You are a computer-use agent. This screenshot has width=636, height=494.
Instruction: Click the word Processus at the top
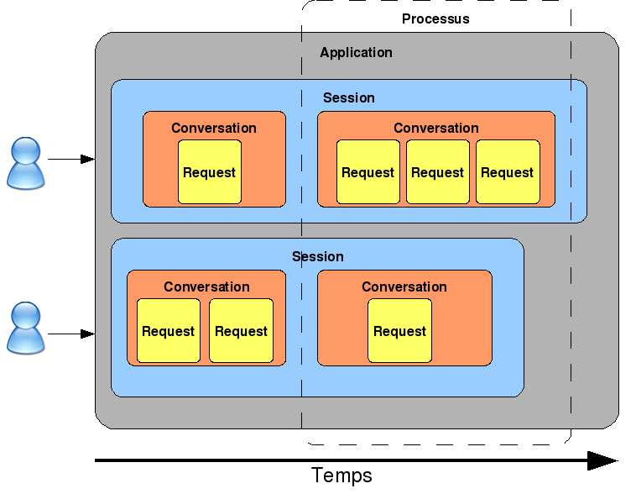[x=435, y=18]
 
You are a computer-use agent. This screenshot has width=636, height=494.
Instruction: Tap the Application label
[x=356, y=52]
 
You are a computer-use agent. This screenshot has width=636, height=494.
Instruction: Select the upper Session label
[x=348, y=97]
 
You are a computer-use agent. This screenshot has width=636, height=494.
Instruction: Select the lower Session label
[x=317, y=256]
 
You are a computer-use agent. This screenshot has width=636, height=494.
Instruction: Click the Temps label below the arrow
[x=341, y=475]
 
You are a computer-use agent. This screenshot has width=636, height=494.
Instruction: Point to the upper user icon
[x=25, y=163]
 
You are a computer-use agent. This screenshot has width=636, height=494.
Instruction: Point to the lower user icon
[x=25, y=328]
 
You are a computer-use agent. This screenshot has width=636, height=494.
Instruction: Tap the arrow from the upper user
[x=71, y=158]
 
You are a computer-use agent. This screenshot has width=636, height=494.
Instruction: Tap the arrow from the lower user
[x=71, y=334]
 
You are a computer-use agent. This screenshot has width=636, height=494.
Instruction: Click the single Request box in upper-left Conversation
[x=209, y=172]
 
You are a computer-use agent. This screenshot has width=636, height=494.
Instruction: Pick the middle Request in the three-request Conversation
[x=437, y=172]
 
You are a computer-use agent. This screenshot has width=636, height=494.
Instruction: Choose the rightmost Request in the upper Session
[x=507, y=172]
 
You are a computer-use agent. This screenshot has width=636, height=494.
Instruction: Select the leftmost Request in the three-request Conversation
[x=368, y=172]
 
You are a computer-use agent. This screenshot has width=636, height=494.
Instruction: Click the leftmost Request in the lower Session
[x=168, y=331]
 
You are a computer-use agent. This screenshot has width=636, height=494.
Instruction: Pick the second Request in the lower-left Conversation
[x=241, y=331]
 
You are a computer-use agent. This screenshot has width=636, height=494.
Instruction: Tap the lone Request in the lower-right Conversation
[x=399, y=331]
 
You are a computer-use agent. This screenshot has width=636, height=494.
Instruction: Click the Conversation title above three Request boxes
[x=435, y=128]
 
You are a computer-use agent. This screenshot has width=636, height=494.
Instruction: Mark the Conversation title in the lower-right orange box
[x=404, y=286]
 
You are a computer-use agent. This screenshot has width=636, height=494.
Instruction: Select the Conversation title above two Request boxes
[x=206, y=286]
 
